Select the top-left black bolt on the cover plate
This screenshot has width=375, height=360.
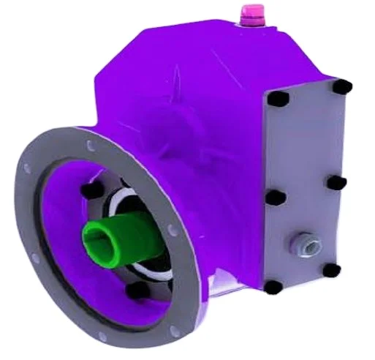tap(277, 99)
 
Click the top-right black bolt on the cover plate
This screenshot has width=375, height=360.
tap(342, 87)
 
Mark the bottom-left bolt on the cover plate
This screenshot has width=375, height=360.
tap(271, 287)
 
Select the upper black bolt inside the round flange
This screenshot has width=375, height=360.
tap(91, 190)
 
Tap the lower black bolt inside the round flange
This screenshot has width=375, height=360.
tap(135, 290)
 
